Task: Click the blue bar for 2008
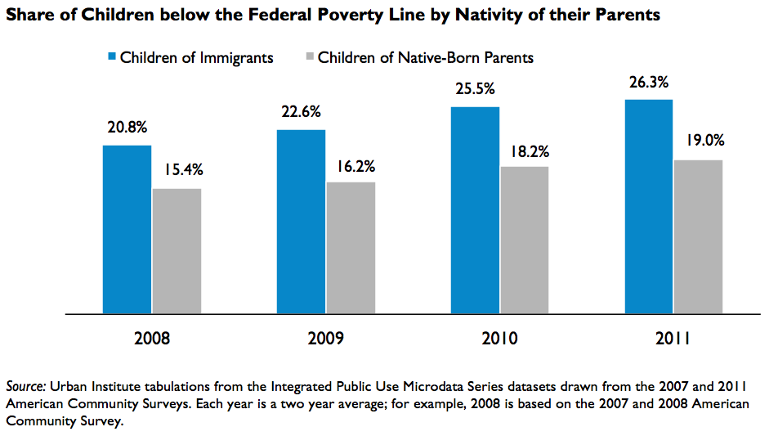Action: click(x=127, y=229)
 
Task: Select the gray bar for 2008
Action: click(x=177, y=251)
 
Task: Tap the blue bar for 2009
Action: click(x=302, y=222)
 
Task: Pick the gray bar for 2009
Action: click(x=351, y=248)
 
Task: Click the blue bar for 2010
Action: click(x=476, y=210)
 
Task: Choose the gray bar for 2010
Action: click(x=525, y=240)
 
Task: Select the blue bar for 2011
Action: click(x=649, y=207)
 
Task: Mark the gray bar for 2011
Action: click(x=698, y=237)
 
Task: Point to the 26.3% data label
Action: click(x=649, y=83)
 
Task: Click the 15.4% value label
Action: click(x=184, y=170)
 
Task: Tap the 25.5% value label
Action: click(x=476, y=89)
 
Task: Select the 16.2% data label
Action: click(x=355, y=166)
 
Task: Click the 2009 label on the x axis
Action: click(x=325, y=338)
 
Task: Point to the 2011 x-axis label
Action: click(x=673, y=338)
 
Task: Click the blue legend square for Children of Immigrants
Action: click(x=112, y=56)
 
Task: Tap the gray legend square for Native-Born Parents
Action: click(x=310, y=56)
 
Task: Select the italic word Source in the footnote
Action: click(x=26, y=386)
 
